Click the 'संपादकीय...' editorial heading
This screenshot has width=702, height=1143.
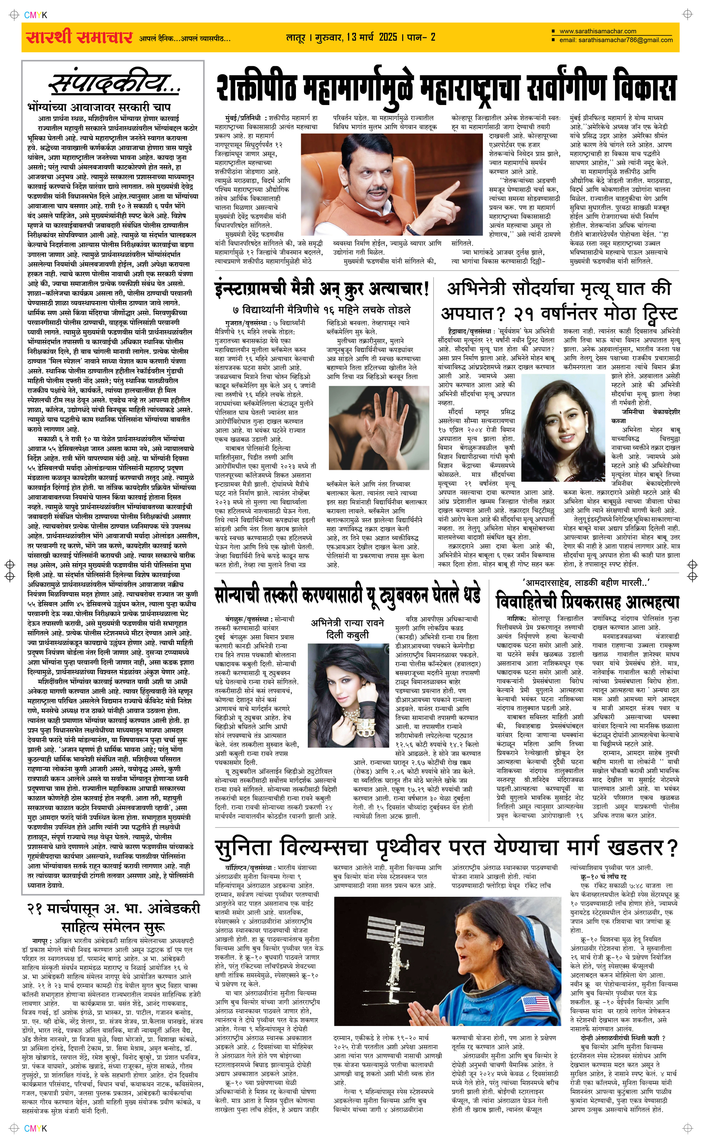114,84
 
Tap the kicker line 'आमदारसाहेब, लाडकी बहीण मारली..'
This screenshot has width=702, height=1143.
587,582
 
